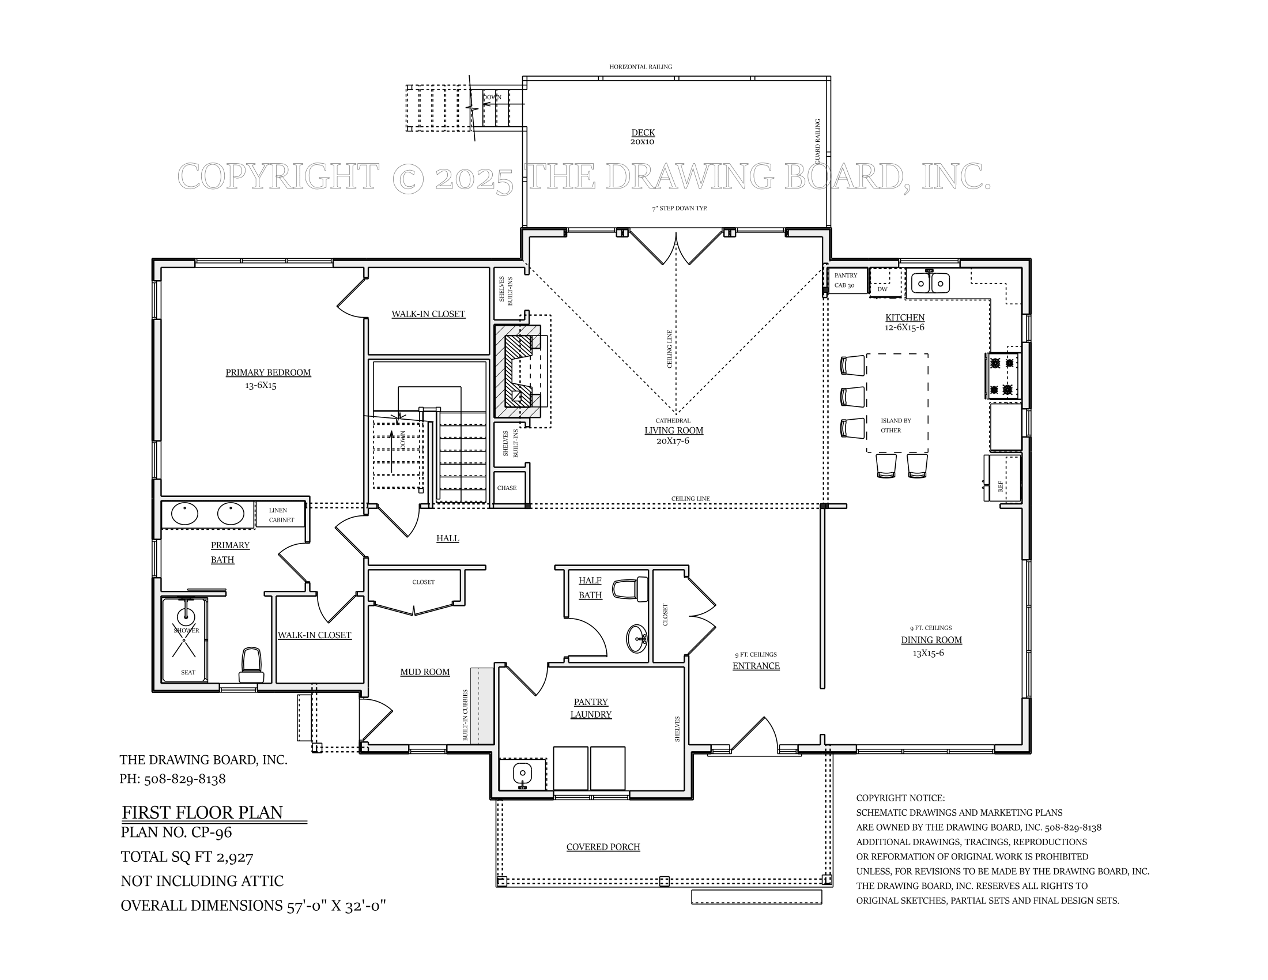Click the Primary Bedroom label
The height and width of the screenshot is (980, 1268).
click(x=267, y=373)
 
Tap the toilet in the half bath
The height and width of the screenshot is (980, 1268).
click(x=632, y=589)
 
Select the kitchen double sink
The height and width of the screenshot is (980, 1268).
click(x=930, y=283)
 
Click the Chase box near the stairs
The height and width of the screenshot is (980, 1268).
click(x=507, y=488)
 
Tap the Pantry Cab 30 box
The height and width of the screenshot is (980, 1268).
click(x=847, y=280)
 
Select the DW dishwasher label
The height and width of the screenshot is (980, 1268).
click(x=882, y=289)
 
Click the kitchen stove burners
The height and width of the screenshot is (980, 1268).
click(x=1003, y=376)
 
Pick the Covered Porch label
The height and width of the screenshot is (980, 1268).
click(x=603, y=847)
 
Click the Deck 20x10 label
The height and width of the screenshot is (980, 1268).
click(x=643, y=137)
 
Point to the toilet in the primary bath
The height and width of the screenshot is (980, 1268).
click(x=251, y=665)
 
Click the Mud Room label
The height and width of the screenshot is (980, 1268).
click(x=424, y=672)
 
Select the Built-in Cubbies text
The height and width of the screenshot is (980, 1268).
click(x=465, y=715)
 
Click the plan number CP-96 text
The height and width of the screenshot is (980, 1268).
click(x=176, y=832)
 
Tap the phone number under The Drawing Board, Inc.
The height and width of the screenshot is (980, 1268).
click(x=172, y=779)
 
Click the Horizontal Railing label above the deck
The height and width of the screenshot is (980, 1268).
click(x=640, y=67)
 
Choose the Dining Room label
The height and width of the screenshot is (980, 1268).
click(x=931, y=640)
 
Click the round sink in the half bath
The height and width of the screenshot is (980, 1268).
click(x=637, y=639)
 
